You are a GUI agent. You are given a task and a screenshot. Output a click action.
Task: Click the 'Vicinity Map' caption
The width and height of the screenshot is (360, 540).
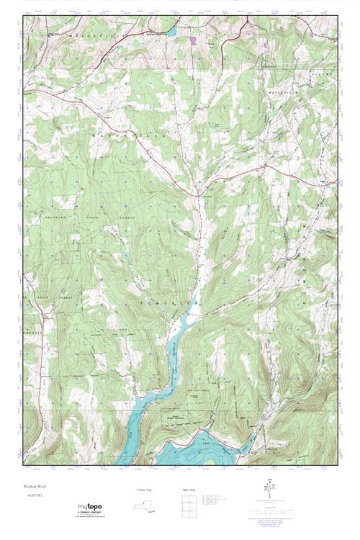[145, 489]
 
